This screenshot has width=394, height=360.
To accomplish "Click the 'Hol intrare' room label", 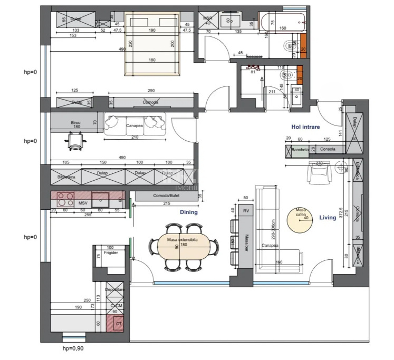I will [310, 127].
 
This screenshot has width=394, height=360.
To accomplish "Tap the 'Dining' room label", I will [188, 212].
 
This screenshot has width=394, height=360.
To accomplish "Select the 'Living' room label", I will [327, 217].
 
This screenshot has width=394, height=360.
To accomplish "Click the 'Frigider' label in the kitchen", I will [110, 253].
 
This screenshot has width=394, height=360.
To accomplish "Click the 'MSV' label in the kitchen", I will [83, 202].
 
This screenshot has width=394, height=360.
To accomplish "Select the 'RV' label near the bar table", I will [245, 211].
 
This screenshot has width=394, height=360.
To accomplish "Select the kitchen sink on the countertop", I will [100, 200].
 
